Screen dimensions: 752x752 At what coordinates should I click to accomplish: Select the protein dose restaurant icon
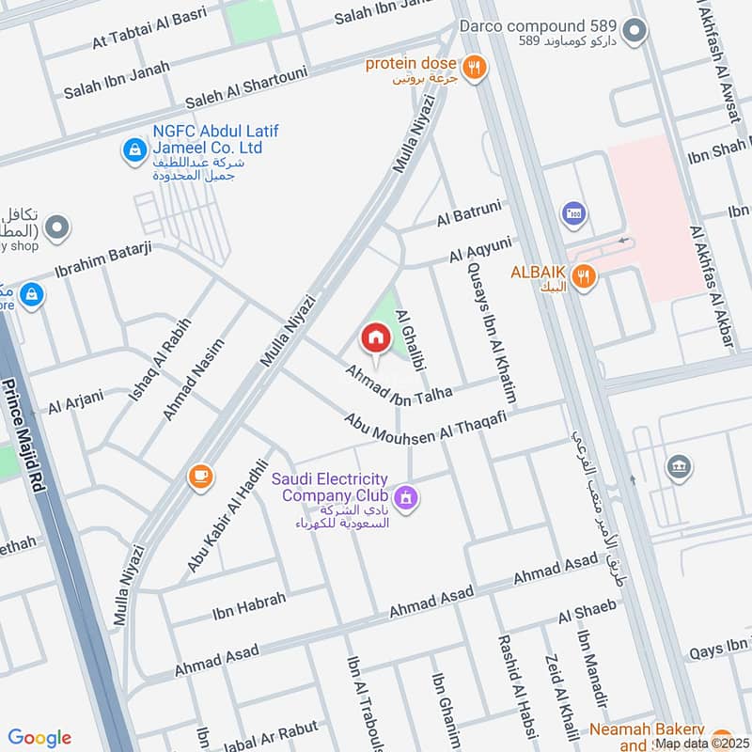click(x=476, y=66)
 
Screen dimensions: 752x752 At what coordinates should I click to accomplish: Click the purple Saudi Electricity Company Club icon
click(x=405, y=495)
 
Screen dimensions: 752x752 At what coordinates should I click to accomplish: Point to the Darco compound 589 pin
click(x=635, y=33)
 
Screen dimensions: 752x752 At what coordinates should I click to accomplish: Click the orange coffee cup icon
click(x=199, y=476)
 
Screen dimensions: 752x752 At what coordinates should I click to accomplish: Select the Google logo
click(x=39, y=738)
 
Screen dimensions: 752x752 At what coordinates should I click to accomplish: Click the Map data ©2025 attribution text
click(x=701, y=743)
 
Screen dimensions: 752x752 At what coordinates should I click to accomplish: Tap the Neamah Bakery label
click(x=649, y=730)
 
